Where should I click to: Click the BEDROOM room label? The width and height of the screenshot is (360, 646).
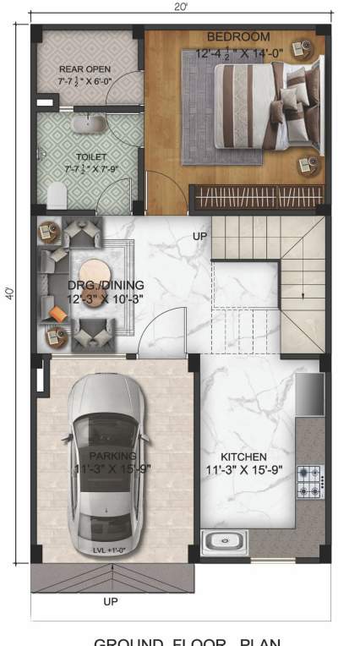point(238,37)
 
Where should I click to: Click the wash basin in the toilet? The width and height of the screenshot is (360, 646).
point(85,125)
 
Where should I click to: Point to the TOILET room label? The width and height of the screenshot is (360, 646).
point(90,157)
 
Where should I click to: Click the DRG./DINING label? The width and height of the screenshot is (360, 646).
point(106,286)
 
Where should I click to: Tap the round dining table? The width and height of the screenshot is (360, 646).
point(93,279)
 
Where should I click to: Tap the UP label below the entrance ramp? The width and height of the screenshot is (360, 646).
point(110,602)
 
